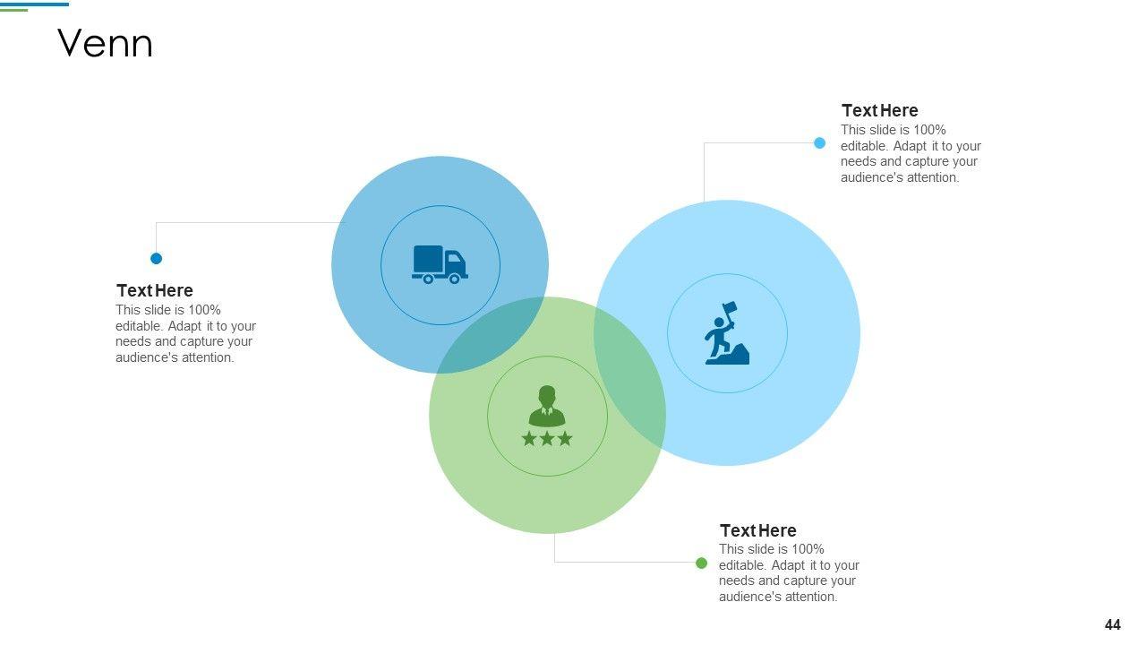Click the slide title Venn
105,44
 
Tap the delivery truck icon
440,264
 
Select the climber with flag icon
726,333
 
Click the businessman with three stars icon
547,416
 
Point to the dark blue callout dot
156,258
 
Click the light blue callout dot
819,142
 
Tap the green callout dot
701,563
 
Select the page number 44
1112,625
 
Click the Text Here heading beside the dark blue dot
154,290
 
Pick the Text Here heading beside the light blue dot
879,110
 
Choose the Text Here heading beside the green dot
757,530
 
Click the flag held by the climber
730,308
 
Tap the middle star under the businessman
547,438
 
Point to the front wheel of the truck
454,279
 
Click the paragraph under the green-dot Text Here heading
788,573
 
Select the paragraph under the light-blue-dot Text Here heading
910,154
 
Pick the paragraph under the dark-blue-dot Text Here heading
184,334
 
